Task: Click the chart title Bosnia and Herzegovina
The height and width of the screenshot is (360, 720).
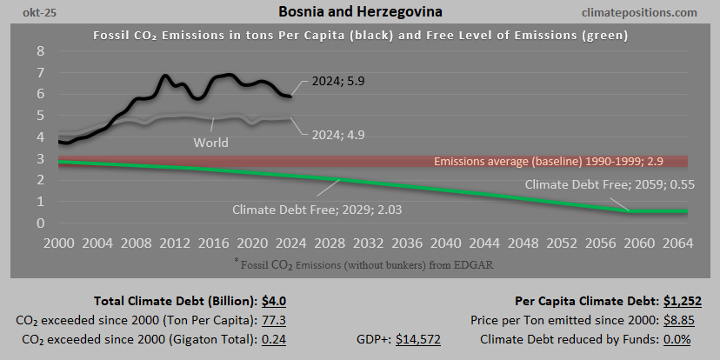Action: point(360,12)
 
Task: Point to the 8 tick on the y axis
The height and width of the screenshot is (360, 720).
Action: point(41,50)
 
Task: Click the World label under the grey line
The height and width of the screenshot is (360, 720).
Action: point(211,142)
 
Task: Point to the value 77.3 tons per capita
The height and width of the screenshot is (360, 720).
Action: point(274,320)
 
